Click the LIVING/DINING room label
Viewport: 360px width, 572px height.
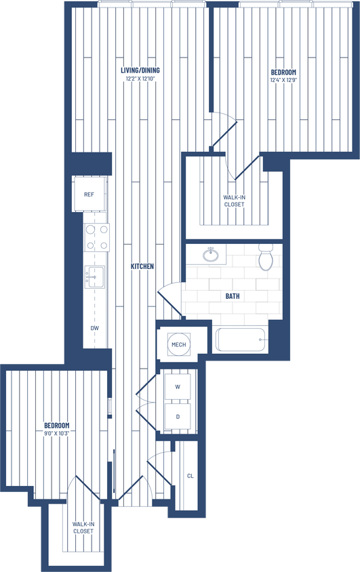tap(141, 70)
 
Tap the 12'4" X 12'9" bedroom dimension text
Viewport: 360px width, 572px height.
tap(283, 79)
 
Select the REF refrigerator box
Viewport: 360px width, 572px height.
tap(89, 195)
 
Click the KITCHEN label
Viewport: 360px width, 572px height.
tap(142, 266)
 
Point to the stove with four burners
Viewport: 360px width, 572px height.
tap(96, 237)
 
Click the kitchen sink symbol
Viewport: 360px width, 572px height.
tap(95, 276)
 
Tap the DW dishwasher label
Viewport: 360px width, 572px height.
tap(95, 328)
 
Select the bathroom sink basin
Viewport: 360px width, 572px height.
tap(210, 256)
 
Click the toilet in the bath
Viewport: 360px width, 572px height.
tap(266, 258)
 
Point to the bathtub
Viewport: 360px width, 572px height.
tap(241, 339)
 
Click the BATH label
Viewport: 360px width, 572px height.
tap(233, 296)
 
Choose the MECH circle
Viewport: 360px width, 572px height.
tap(178, 345)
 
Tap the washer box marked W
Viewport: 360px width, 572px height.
tap(178, 387)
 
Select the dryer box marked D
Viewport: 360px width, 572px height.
tap(178, 416)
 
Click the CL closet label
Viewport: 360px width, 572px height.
tap(190, 476)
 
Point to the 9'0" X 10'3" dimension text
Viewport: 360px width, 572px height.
tap(57, 433)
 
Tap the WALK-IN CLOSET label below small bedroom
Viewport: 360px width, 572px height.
tap(83, 527)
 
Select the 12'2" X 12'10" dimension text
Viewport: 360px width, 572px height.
tap(141, 79)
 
